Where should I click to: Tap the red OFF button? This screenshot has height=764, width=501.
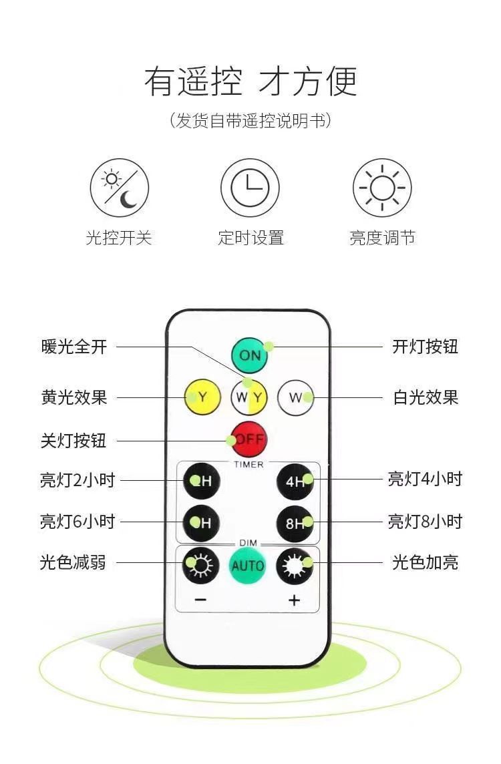pyautogui.click(x=249, y=439)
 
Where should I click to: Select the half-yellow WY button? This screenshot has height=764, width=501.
pyautogui.click(x=249, y=398)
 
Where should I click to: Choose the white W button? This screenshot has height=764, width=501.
pyautogui.click(x=295, y=398)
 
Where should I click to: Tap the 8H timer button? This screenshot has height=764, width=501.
pyautogui.click(x=295, y=523)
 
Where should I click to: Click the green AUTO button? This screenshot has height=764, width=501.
pyautogui.click(x=248, y=566)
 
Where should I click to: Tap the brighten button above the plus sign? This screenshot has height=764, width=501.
pyautogui.click(x=295, y=566)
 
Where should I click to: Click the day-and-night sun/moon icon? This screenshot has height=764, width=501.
pyautogui.click(x=120, y=188)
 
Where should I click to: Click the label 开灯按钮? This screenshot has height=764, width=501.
pyautogui.click(x=425, y=347)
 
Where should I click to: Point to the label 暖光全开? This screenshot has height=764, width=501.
pyautogui.click(x=74, y=347)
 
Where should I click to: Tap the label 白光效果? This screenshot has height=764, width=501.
pyautogui.click(x=425, y=397)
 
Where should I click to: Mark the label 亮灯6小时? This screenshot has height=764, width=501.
pyautogui.click(x=77, y=522)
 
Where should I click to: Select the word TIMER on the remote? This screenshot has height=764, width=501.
pyautogui.click(x=248, y=463)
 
